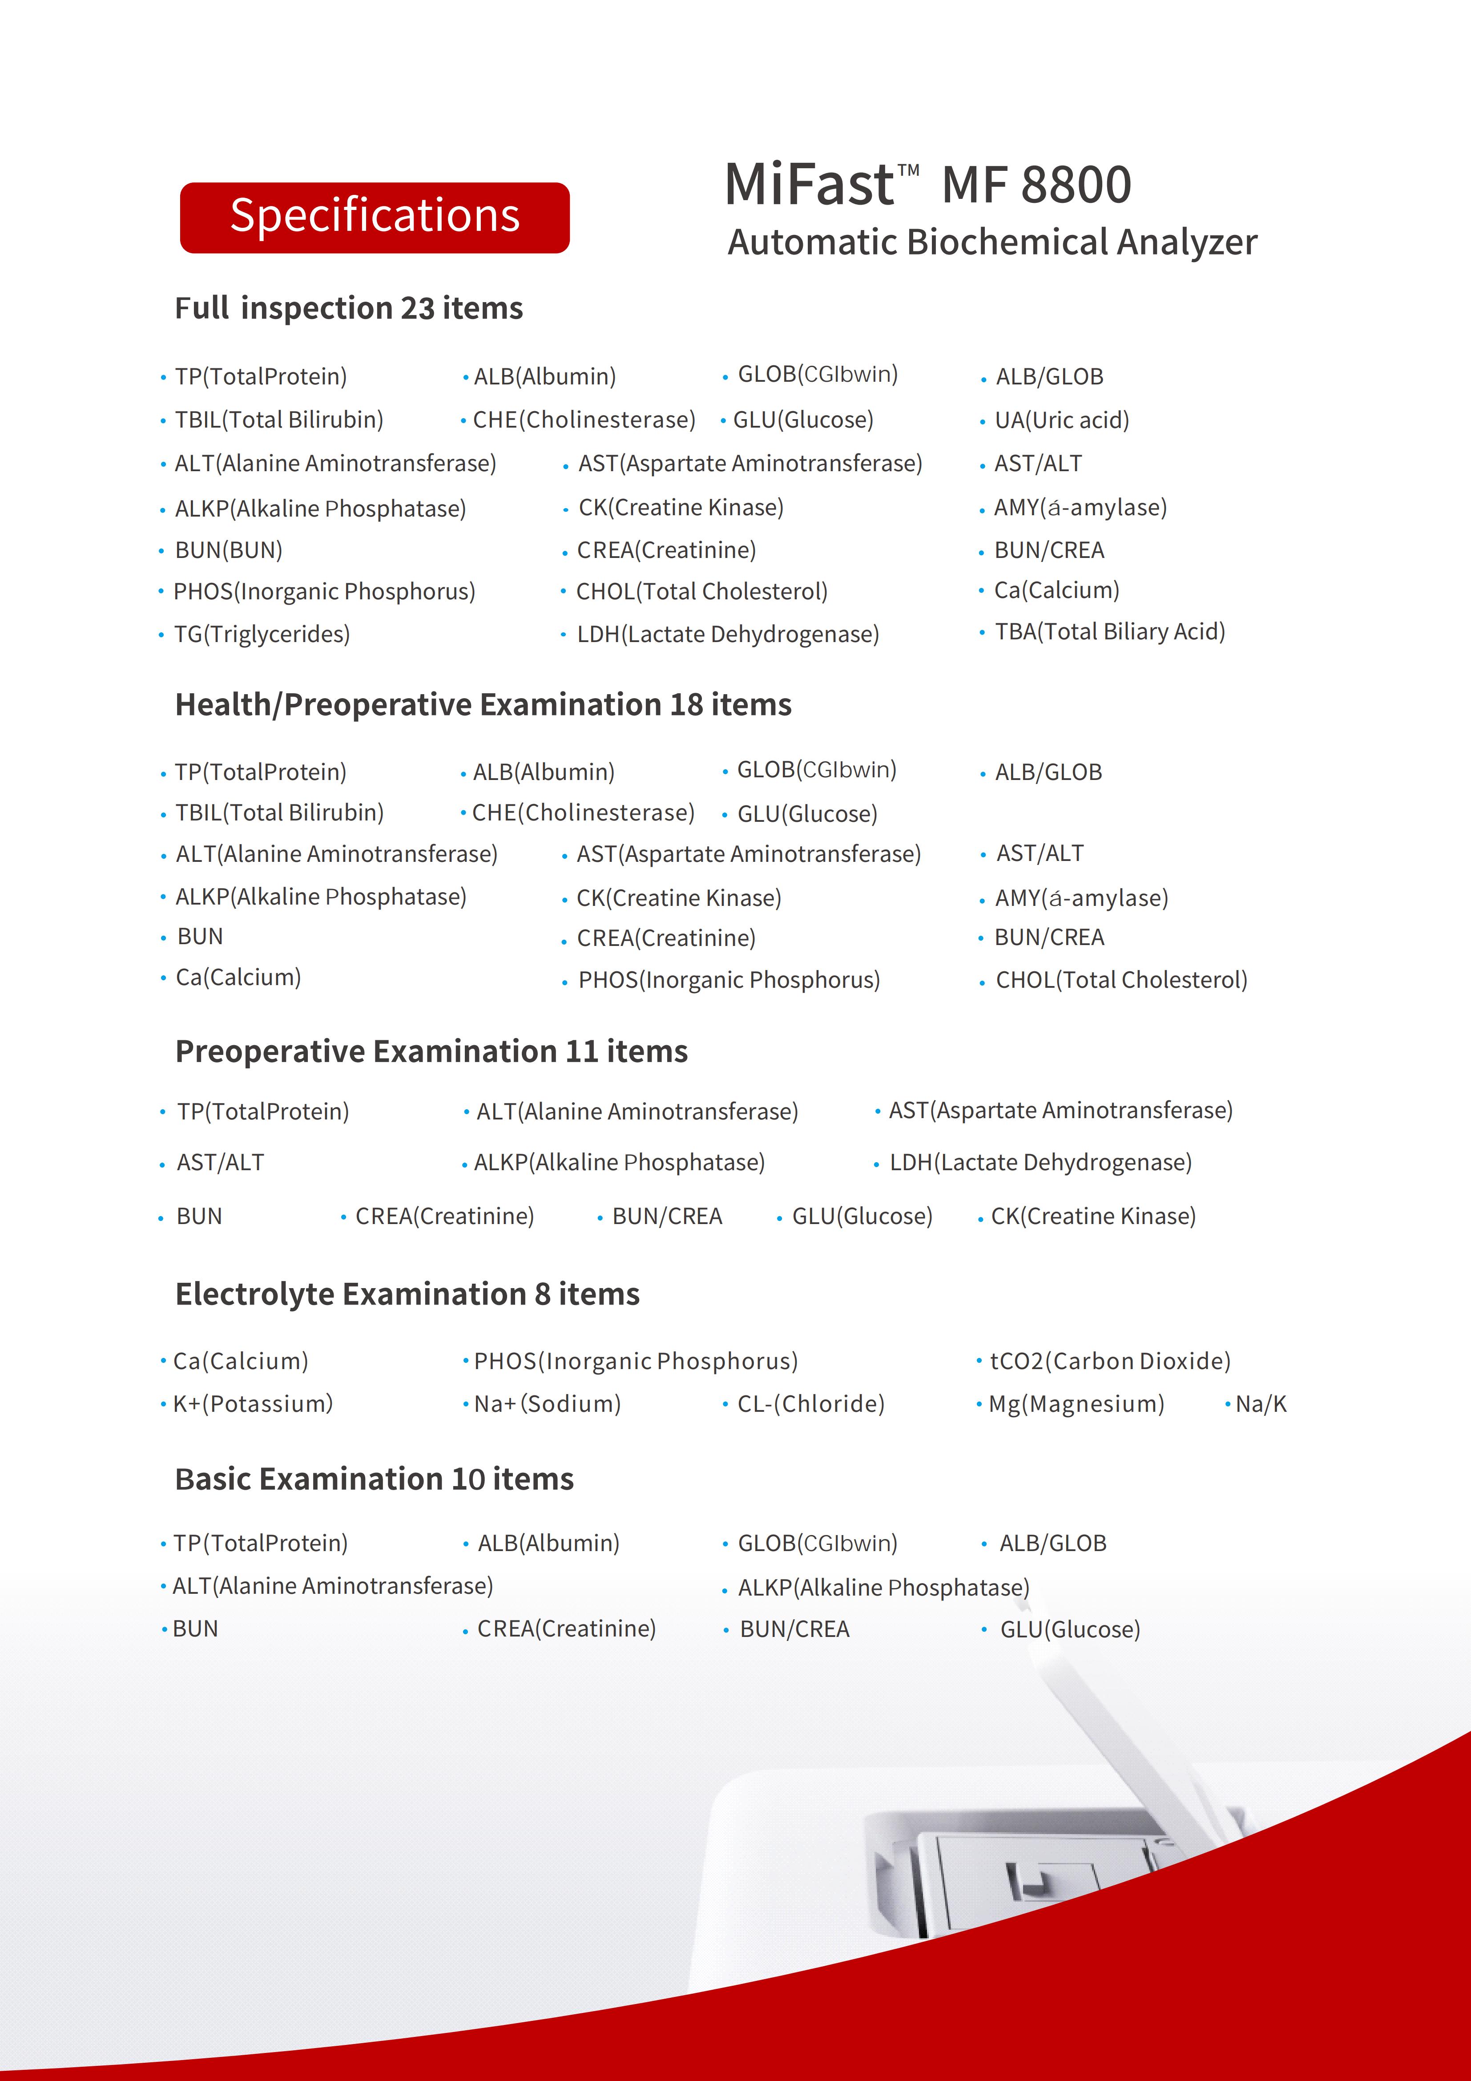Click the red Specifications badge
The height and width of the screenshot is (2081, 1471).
(375, 218)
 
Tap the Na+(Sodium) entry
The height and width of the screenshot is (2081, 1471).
(548, 1404)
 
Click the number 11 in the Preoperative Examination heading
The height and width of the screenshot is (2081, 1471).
(581, 1051)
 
